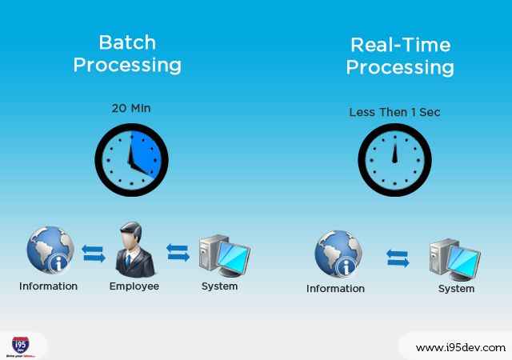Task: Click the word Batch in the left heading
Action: (127, 42)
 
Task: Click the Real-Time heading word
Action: (399, 44)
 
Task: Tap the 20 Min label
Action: (131, 108)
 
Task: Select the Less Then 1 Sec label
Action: (394, 112)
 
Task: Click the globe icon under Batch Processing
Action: (50, 251)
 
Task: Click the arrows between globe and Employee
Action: (93, 254)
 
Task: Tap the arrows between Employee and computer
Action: (177, 252)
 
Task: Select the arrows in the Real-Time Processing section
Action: (398, 257)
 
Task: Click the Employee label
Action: (134, 286)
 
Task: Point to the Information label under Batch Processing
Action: (49, 286)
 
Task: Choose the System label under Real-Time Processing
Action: (456, 288)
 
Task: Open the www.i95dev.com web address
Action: (460, 347)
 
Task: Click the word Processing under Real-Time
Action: (399, 67)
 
